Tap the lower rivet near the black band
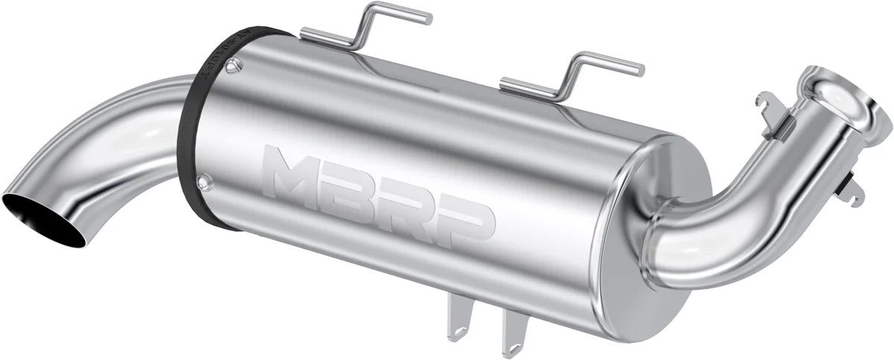203,180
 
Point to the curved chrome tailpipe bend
112,127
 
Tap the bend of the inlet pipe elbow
715,224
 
